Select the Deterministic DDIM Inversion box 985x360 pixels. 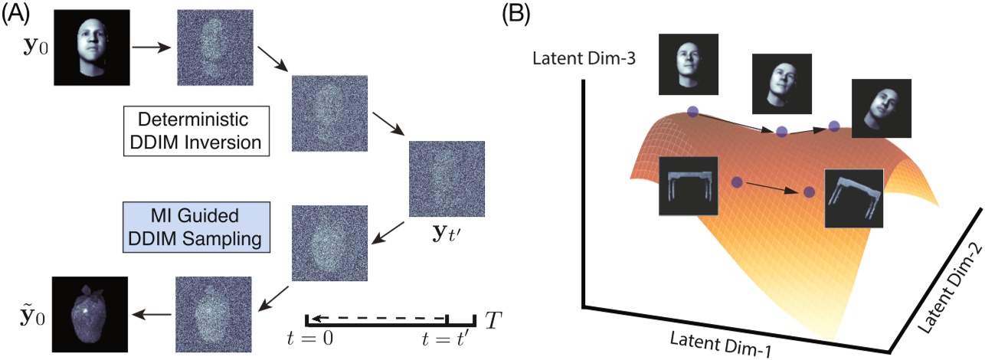pos(197,130)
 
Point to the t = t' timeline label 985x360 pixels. pos(448,342)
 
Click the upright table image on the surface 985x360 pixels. pos(688,186)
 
